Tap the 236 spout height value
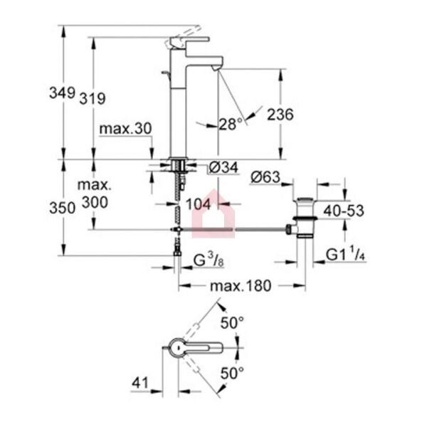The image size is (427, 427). click(x=280, y=114)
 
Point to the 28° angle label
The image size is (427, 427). click(x=231, y=124)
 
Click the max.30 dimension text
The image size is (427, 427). click(x=125, y=129)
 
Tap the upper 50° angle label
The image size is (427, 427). click(x=232, y=323)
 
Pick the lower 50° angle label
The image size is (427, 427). click(x=232, y=372)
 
